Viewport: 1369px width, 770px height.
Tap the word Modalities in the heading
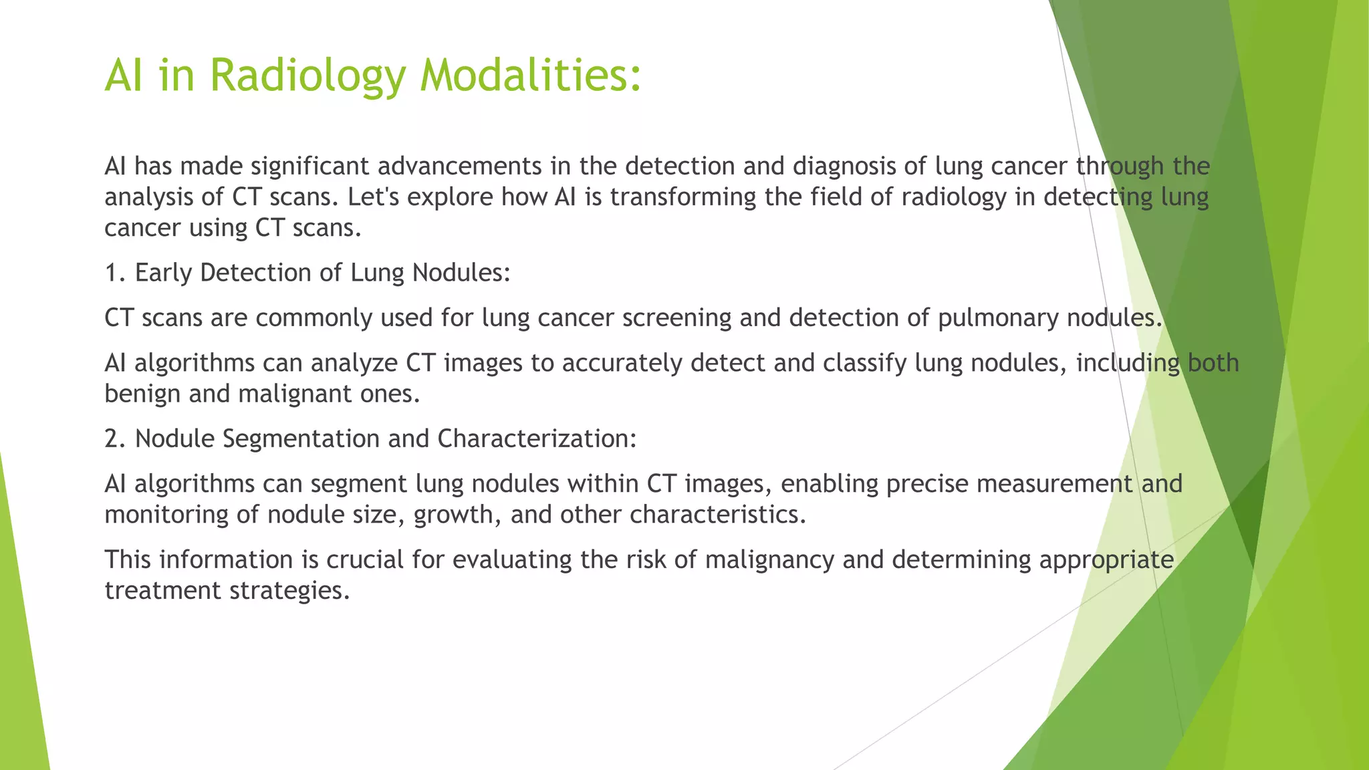[530, 75]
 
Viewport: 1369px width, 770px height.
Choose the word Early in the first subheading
[163, 273]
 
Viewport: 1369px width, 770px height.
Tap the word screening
[676, 318]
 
